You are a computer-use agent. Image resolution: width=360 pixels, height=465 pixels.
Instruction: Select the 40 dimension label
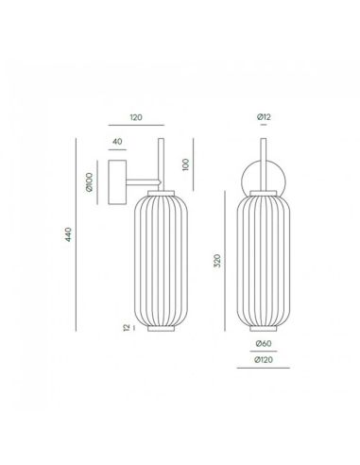click(x=117, y=142)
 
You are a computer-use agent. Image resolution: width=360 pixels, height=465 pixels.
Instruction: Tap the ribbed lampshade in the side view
click(x=160, y=260)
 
